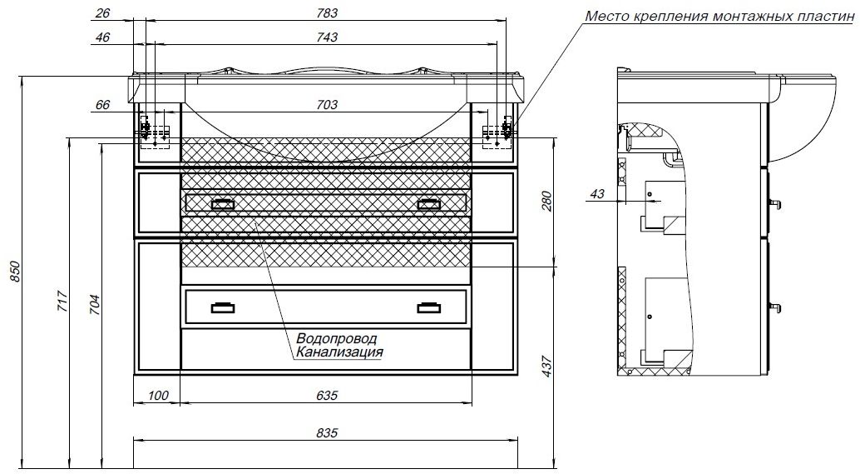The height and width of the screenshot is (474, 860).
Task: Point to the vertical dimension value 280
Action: [x=546, y=202]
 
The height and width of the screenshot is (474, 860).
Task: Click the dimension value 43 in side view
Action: [x=596, y=194]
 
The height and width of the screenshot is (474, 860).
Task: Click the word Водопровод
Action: [x=336, y=339]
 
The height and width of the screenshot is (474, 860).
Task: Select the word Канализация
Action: [x=338, y=352]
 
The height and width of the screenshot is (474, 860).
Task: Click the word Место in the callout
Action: [x=605, y=16]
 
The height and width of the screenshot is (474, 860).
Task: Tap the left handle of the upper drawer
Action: [x=223, y=203]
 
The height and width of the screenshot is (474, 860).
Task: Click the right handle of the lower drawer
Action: [x=429, y=308]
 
